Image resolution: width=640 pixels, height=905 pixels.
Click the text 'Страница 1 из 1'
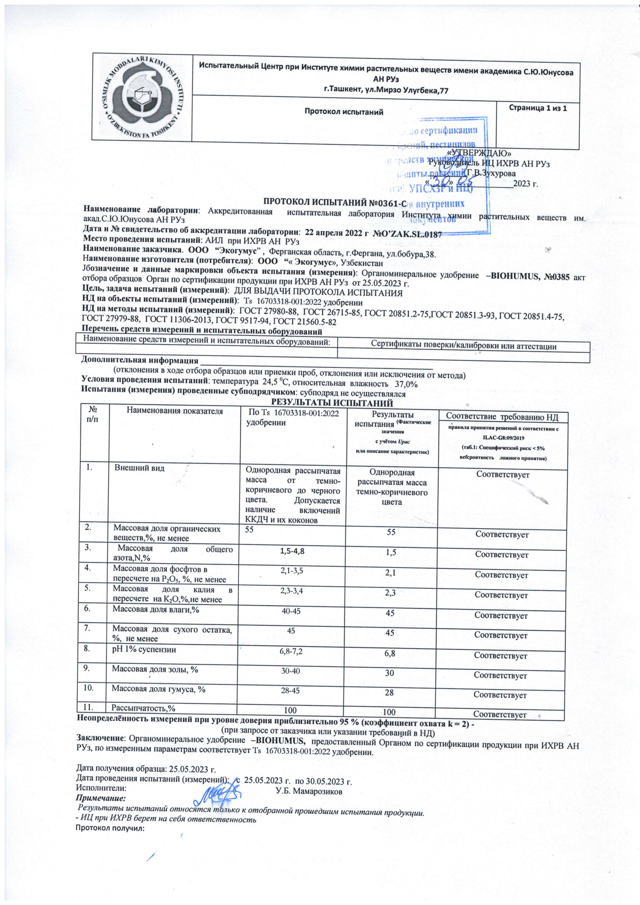538,108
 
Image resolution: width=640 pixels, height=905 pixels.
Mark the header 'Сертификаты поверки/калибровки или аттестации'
464,346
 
